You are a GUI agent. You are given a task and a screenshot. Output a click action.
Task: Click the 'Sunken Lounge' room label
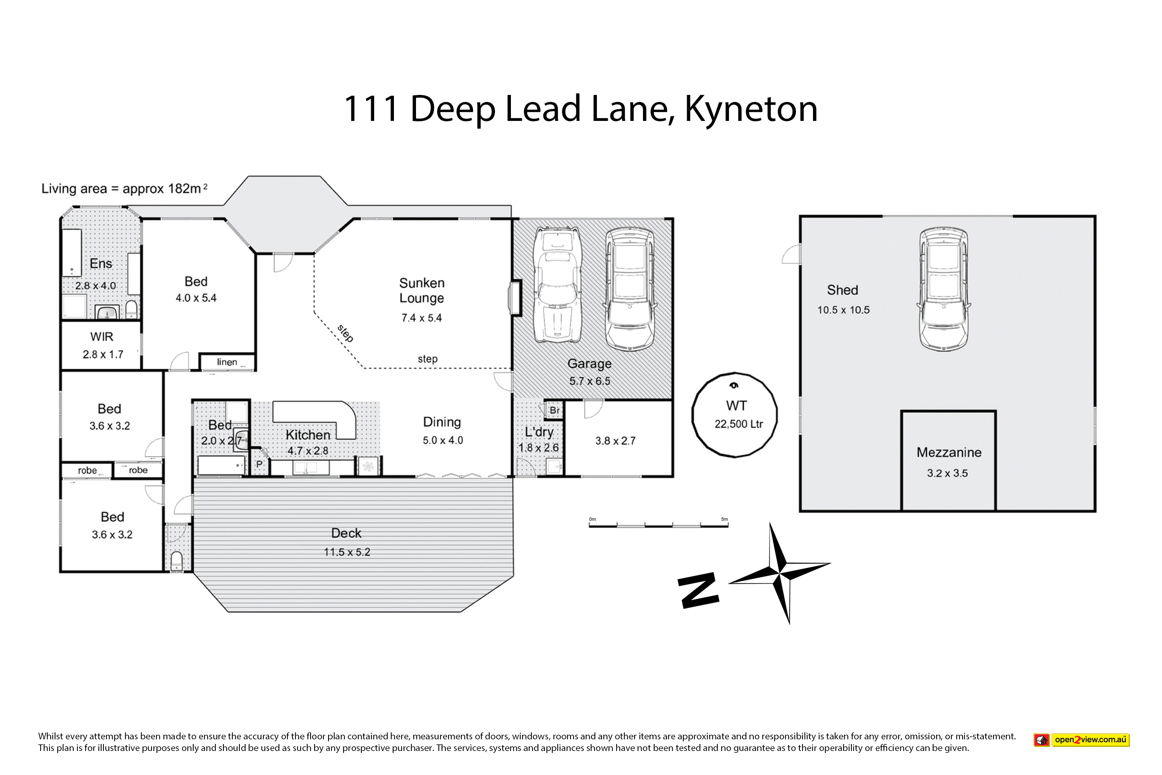pyautogui.click(x=421, y=291)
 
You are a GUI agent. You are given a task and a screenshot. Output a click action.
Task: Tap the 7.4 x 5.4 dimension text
pyautogui.click(x=421, y=318)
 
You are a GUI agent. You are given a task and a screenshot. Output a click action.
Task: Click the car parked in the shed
pyautogui.click(x=943, y=289)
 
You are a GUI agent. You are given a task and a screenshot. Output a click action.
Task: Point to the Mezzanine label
pyautogui.click(x=949, y=452)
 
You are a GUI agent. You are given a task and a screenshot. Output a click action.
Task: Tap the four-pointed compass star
pyautogui.click(x=780, y=573)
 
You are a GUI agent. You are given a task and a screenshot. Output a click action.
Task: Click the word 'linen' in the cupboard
pyautogui.click(x=227, y=362)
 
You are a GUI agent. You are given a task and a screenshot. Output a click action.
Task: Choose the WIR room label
pyautogui.click(x=102, y=337)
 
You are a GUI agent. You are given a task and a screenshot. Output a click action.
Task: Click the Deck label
pyautogui.click(x=346, y=533)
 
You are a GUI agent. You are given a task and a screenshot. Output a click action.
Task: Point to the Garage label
pyautogui.click(x=590, y=364)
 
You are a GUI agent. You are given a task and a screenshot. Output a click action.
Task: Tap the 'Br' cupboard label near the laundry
pyautogui.click(x=554, y=410)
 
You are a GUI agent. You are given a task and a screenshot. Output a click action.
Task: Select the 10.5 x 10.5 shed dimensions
pyautogui.click(x=843, y=310)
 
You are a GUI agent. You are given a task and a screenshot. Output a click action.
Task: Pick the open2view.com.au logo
pyautogui.click(x=1081, y=740)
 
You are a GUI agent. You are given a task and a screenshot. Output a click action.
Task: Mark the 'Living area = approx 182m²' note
pyautogui.click(x=124, y=188)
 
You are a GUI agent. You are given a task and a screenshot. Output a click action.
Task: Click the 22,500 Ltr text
pyautogui.click(x=739, y=424)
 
